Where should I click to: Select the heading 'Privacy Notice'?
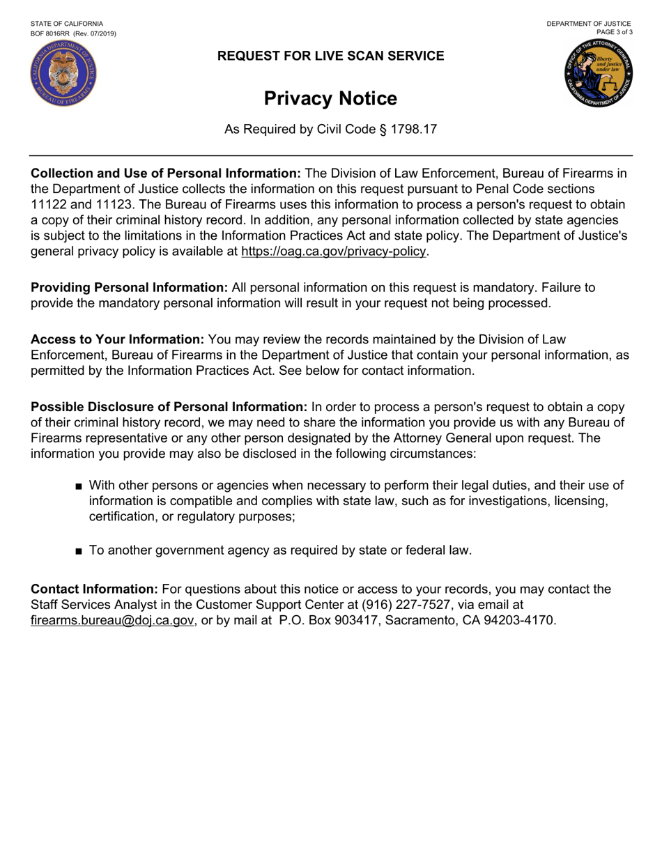coord(330,99)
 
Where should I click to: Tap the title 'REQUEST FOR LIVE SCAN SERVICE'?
coord(330,56)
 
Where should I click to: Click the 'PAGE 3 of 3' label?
coord(614,32)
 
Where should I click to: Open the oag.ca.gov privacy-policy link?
coord(333,251)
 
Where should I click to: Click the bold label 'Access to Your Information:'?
coord(117,339)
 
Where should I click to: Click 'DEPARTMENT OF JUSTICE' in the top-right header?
coord(589,24)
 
